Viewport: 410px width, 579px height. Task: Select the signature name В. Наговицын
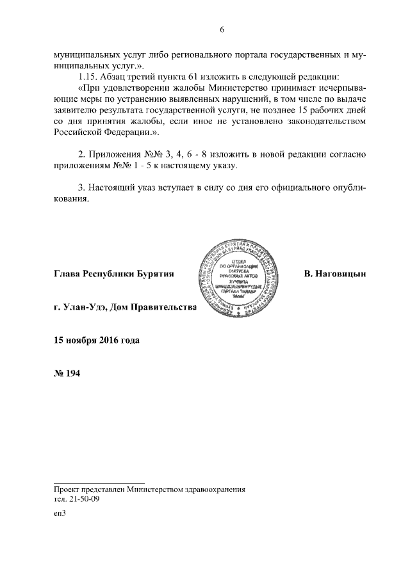click(335, 274)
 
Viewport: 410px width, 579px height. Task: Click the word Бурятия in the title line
click(156, 274)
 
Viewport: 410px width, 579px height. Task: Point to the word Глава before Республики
click(68, 274)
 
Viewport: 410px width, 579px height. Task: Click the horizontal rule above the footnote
click(99, 482)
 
